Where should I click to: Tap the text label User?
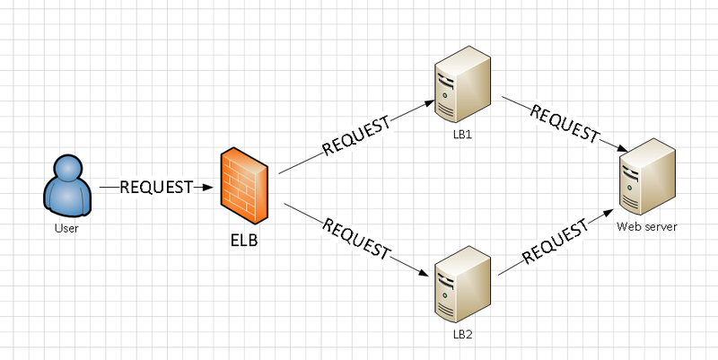click(66, 229)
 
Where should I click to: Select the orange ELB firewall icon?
click(243, 187)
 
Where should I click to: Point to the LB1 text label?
click(462, 135)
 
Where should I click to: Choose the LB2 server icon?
click(461, 286)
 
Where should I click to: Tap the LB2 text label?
click(462, 333)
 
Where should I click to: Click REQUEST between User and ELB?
click(156, 188)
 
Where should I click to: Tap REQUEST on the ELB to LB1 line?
click(356, 134)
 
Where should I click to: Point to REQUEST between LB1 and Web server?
click(564, 124)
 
